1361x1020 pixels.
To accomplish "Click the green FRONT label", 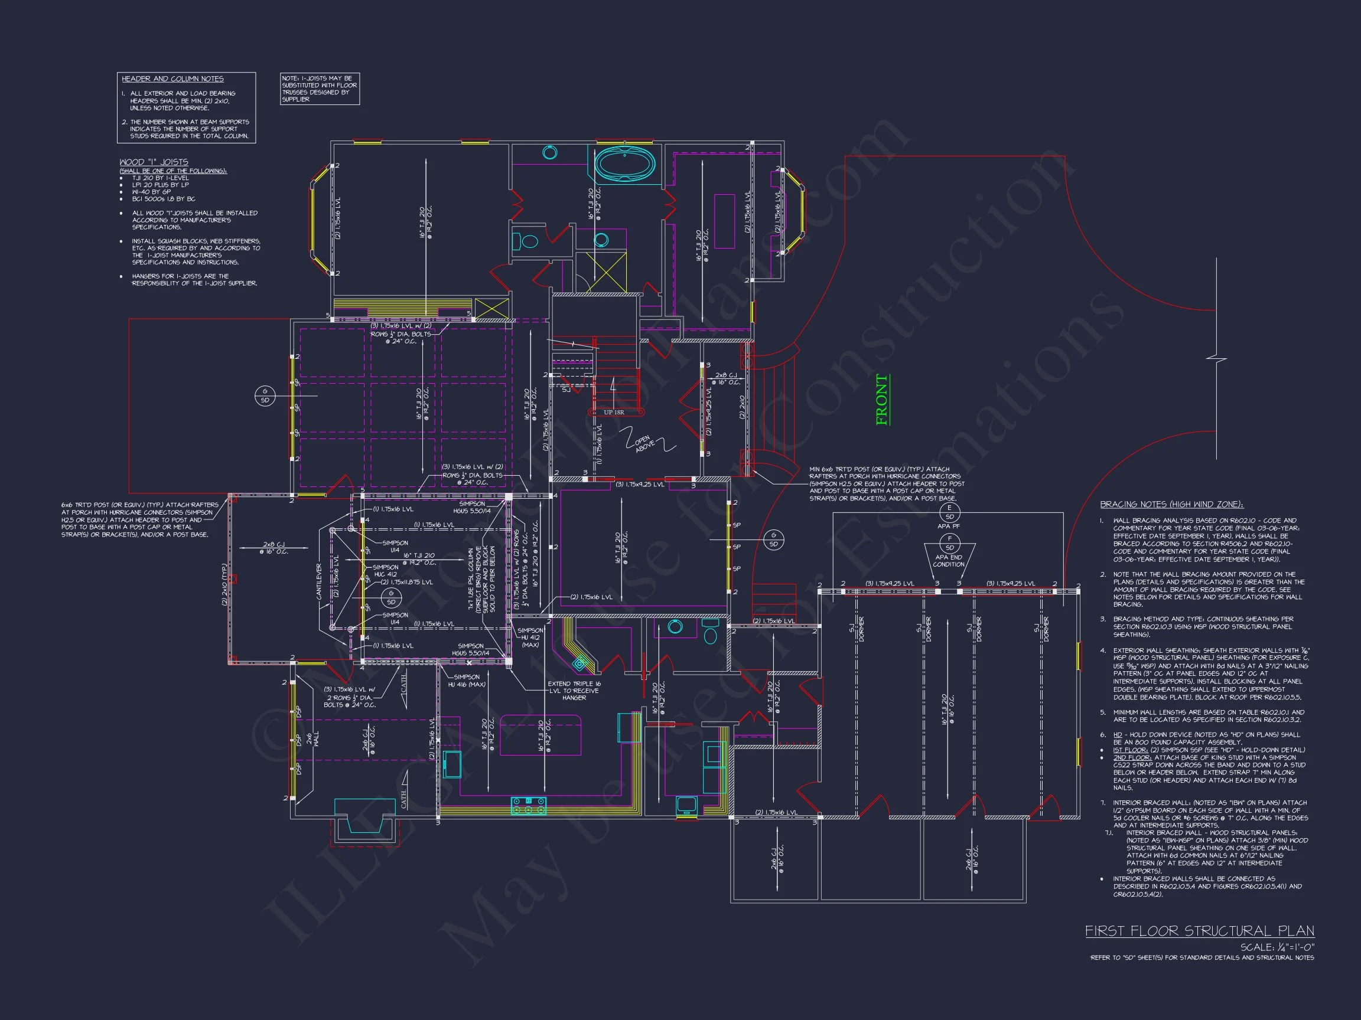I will pyautogui.click(x=882, y=400).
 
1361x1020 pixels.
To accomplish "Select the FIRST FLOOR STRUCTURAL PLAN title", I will pyautogui.click(x=1199, y=931).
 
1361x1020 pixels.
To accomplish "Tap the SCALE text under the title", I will pyautogui.click(x=1277, y=947).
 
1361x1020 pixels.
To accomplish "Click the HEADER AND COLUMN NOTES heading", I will pyautogui.click(x=172, y=79).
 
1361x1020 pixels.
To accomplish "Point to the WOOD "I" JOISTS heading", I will pyautogui.click(x=154, y=162).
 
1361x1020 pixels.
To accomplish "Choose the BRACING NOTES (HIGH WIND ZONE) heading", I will pyautogui.click(x=1171, y=504).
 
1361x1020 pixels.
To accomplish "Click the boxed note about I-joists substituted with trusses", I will pyautogui.click(x=320, y=89).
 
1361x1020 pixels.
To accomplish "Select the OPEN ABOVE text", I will pyautogui.click(x=644, y=444).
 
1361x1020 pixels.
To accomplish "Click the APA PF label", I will pyautogui.click(x=948, y=527).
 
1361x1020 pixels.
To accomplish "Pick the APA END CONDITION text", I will pyautogui.click(x=948, y=561).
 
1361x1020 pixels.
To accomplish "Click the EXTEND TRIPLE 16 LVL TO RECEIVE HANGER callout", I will pyautogui.click(x=574, y=691).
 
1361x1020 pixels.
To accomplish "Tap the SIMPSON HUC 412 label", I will pyautogui.click(x=386, y=571).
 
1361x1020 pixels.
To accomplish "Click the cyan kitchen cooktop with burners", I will pyautogui.click(x=529, y=805).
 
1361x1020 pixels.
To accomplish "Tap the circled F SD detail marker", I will pyautogui.click(x=949, y=543).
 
